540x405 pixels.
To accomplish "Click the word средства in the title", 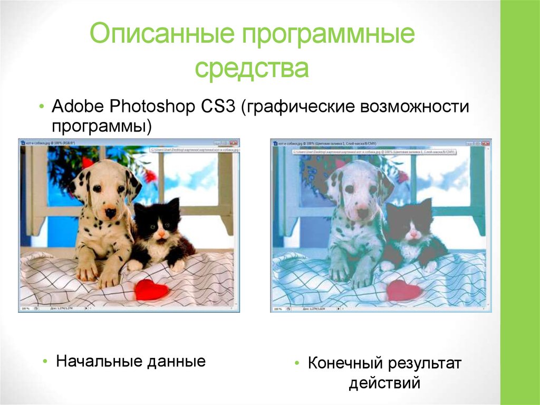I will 252,69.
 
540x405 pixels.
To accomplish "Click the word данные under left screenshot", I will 176,362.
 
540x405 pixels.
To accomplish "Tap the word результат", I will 425,364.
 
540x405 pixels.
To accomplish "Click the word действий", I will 384,382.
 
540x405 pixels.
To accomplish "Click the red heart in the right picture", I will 403,290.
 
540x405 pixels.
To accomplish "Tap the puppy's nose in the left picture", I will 110,213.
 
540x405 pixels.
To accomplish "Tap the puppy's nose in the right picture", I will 362,213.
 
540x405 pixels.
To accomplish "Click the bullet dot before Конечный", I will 298,364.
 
